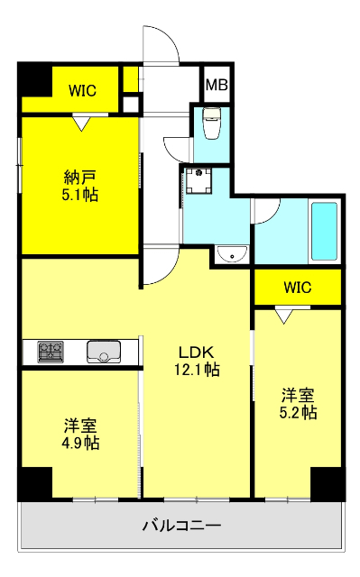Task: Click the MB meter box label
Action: tap(217, 85)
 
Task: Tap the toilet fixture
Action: tap(211, 123)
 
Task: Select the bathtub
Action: tap(324, 231)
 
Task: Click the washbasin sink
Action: tap(233, 254)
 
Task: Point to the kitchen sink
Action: tap(104, 352)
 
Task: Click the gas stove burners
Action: tap(51, 352)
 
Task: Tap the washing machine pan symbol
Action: tap(198, 180)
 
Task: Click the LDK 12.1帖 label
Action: tap(197, 361)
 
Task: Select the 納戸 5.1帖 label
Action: tap(80, 186)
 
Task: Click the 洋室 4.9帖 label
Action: tap(80, 435)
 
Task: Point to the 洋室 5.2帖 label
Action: tap(298, 404)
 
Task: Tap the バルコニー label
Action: tap(182, 525)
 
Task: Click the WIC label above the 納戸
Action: tap(82, 90)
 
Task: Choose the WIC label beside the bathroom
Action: tap(298, 288)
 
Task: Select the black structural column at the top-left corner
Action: tap(34, 79)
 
